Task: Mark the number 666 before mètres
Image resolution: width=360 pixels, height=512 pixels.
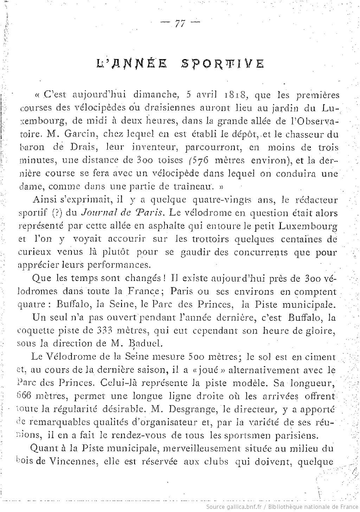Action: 25,396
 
